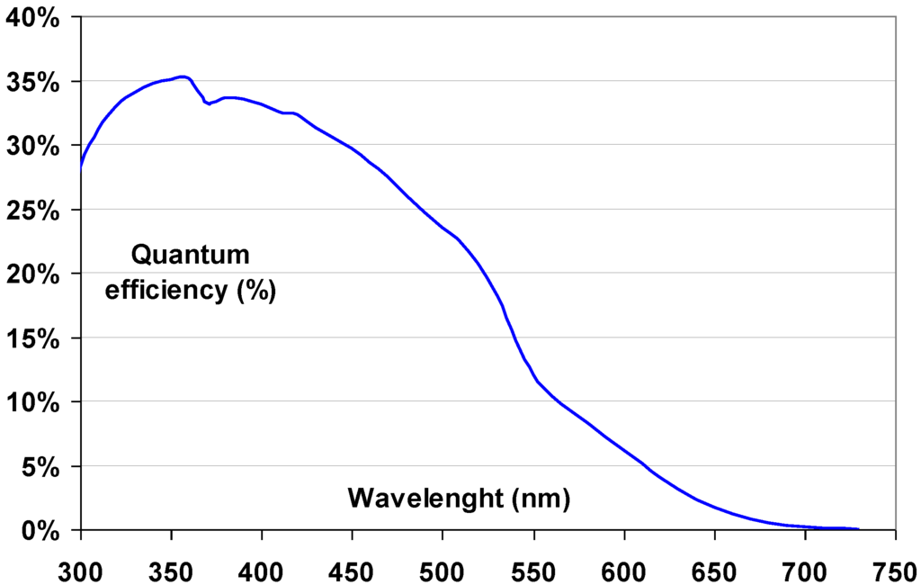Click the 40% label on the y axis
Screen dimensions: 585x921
(x=33, y=18)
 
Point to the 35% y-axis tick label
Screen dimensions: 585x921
(x=33, y=82)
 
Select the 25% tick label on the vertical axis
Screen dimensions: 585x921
(x=33, y=211)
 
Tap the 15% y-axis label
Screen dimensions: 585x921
(x=33, y=339)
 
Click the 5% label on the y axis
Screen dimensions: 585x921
(x=41, y=468)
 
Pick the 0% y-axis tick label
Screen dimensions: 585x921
(x=41, y=532)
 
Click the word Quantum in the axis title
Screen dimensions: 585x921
(x=190, y=256)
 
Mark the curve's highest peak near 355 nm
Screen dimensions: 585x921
(x=182, y=76)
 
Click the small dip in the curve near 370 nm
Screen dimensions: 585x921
(x=208, y=103)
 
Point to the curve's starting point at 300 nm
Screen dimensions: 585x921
(x=82, y=166)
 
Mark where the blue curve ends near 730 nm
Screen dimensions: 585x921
(x=858, y=529)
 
